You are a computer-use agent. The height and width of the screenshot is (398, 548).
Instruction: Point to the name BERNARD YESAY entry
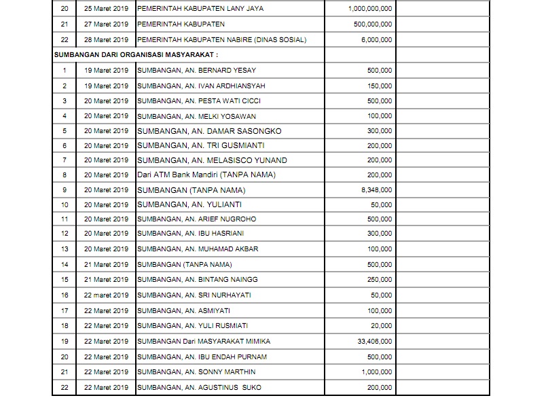[191, 70]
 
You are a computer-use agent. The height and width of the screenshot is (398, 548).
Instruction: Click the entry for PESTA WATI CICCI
[198, 101]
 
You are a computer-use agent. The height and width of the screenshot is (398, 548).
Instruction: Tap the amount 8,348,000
[376, 190]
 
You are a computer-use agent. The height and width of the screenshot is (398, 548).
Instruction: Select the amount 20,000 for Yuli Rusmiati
[382, 325]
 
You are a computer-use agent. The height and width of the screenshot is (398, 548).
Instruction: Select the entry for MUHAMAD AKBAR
[197, 249]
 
